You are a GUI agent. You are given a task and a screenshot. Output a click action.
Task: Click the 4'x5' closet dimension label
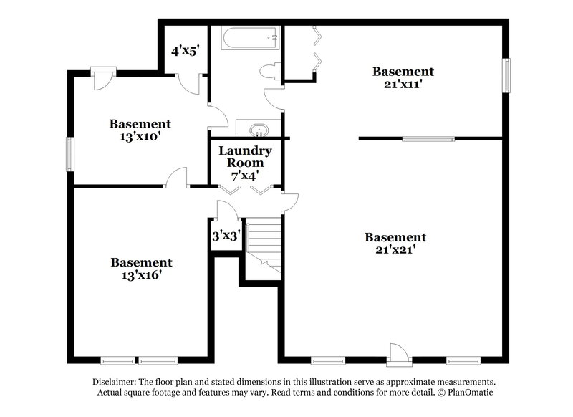coord(184,51)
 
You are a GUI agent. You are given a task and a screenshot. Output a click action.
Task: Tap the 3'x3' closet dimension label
coord(226,235)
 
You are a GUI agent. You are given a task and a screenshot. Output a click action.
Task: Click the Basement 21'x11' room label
coord(403,77)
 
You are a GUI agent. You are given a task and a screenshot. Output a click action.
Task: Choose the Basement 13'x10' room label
coord(140,130)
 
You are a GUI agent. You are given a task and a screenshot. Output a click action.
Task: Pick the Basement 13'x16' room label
coord(141,269)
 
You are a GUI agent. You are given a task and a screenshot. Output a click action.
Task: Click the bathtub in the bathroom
coord(250,38)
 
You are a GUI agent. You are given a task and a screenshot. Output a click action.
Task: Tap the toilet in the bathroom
coord(271,71)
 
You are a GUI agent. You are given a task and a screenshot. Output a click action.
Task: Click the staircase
coord(264,243)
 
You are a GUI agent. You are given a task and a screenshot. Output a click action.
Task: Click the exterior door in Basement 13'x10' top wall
coord(103,76)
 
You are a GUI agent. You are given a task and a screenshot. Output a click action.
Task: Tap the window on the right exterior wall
coord(506,76)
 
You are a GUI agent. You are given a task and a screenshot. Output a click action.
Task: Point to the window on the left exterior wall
coord(69,151)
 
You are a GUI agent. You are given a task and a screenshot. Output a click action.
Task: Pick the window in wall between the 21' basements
coord(428,138)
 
